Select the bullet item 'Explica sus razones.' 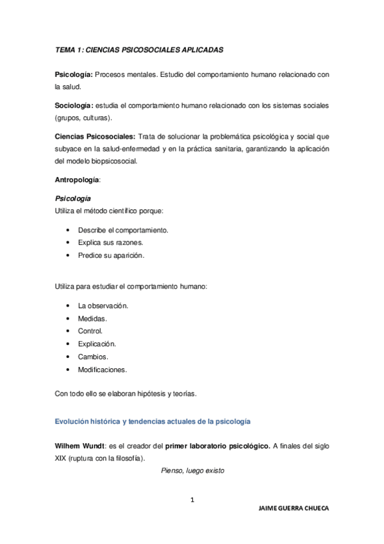pos(110,242)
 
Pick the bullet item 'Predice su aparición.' pos(112,255)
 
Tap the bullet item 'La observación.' pos(103,305)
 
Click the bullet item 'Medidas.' pos(92,318)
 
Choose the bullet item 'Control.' pos(90,331)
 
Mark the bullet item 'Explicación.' pos(97,344)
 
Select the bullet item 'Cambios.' pos(93,357)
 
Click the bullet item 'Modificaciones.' pos(103,370)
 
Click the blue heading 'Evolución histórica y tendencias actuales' pos(153,421)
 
